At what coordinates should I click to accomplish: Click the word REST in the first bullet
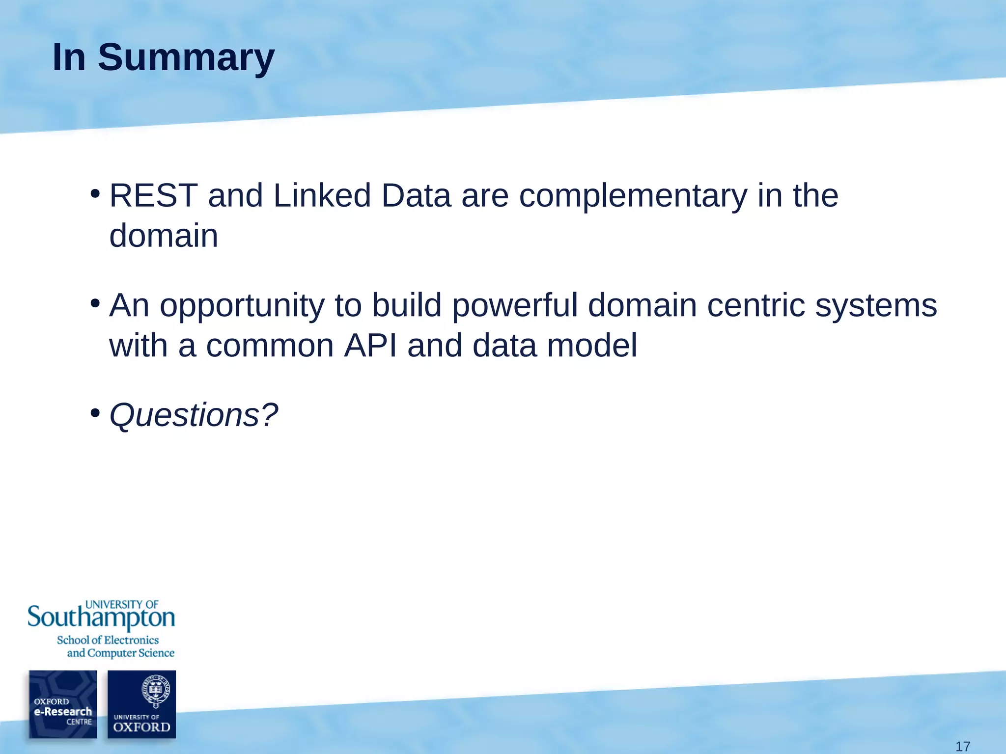pos(153,196)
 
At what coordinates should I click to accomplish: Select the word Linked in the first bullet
pos(321,196)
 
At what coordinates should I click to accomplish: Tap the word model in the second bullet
pos(592,346)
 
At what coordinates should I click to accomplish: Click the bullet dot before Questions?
pos(95,413)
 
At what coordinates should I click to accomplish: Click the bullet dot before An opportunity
pos(95,303)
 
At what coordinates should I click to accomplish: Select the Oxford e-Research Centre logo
pos(63,704)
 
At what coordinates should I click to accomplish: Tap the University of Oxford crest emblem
pos(155,690)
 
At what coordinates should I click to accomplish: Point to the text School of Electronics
pos(108,640)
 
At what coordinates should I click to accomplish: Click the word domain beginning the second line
pos(164,236)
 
